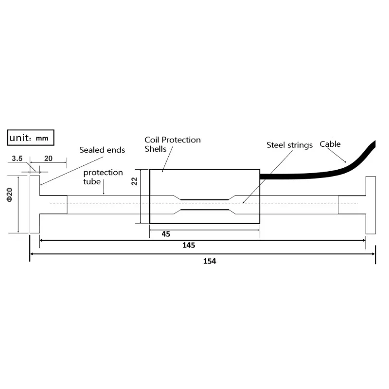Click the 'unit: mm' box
click(x=31, y=138)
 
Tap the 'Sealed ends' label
click(x=102, y=150)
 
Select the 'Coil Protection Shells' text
click(x=172, y=144)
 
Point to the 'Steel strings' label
click(x=289, y=145)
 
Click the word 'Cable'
click(x=330, y=144)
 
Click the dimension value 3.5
click(x=18, y=159)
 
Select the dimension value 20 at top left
click(x=49, y=159)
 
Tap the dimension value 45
click(x=166, y=234)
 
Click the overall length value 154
click(x=209, y=261)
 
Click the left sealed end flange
click(x=35, y=204)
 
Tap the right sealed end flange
click(x=371, y=204)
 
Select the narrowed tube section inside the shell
click(x=204, y=204)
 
